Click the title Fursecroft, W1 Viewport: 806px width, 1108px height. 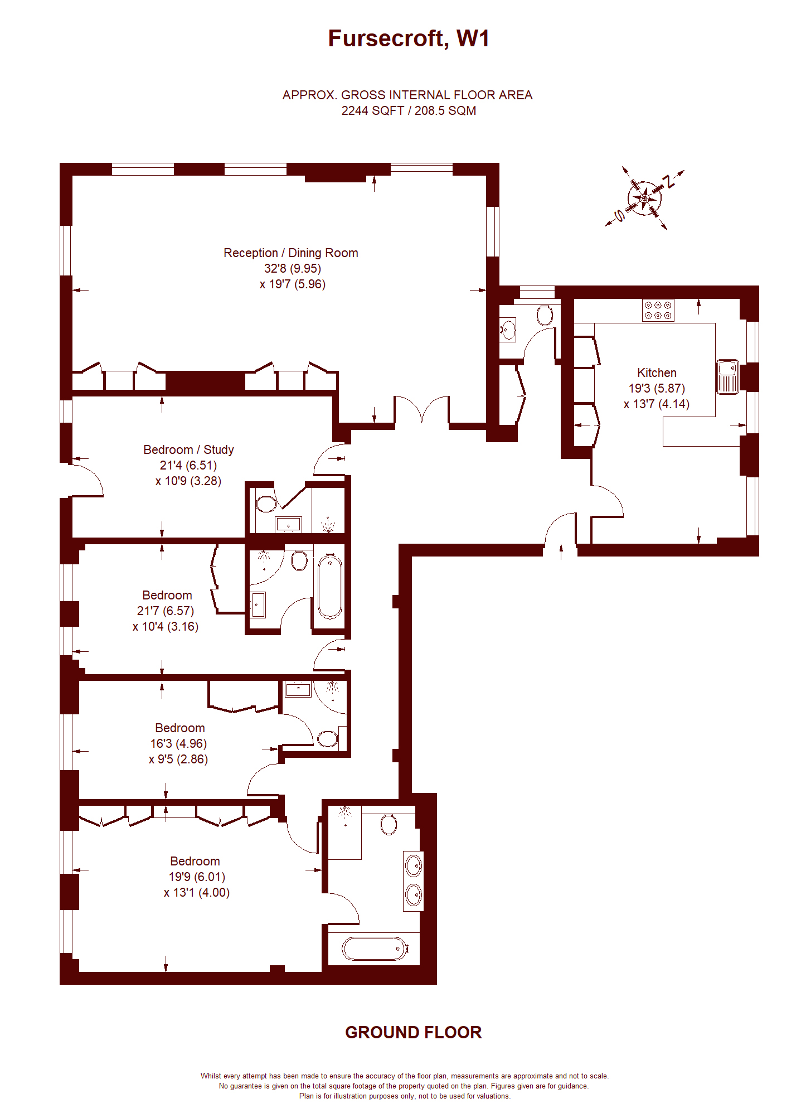(408, 38)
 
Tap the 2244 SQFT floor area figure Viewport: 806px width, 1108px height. (372, 110)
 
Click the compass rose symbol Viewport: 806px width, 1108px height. (644, 199)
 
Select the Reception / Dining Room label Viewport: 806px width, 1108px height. (290, 253)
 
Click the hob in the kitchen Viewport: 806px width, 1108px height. (658, 310)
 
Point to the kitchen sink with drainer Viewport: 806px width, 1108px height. (727, 376)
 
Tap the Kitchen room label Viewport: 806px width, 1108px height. (657, 372)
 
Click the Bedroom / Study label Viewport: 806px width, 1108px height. (188, 449)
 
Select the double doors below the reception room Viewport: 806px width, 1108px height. (421, 410)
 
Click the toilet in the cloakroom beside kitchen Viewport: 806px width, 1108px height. (544, 315)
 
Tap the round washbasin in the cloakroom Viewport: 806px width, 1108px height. (508, 329)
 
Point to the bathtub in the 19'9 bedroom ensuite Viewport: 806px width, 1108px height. (373, 948)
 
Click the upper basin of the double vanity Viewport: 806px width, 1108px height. (414, 866)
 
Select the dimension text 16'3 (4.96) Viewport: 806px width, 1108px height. (178, 743)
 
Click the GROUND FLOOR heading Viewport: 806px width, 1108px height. (413, 1032)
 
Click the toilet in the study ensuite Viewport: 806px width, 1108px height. (266, 504)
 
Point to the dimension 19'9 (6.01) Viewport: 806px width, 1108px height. (197, 877)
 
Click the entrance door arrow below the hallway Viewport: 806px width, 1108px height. (561, 551)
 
